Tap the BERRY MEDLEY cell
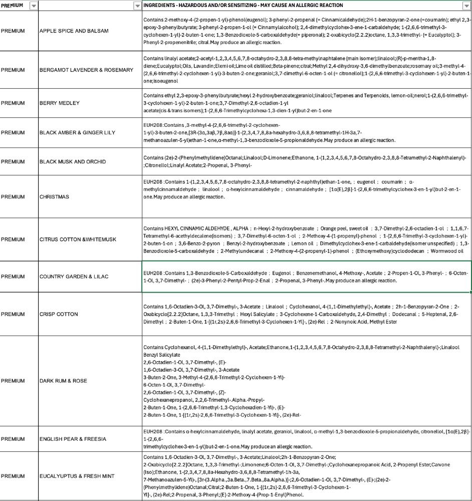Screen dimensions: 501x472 (x=60, y=103)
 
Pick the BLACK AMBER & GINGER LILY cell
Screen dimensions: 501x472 (x=77, y=132)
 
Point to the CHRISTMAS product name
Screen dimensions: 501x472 (x=54, y=197)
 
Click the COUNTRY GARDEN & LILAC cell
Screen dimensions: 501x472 (x=74, y=277)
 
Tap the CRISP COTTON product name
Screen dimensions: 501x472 (x=59, y=314)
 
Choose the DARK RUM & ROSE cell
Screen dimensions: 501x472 (x=63, y=381)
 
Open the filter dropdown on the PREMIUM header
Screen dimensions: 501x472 (x=34, y=6)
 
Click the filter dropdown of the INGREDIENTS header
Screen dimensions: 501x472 (x=467, y=6)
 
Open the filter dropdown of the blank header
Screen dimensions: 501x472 (x=137, y=6)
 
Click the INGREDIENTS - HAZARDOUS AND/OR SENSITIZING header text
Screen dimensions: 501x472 (x=243, y=6)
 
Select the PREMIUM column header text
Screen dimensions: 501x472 (x=12, y=6)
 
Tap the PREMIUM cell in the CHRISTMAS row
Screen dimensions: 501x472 (x=13, y=197)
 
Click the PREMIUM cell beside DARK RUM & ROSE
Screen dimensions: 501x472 (x=13, y=381)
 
